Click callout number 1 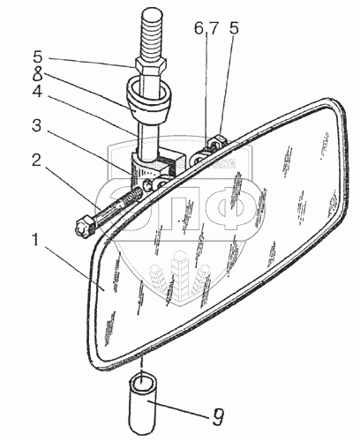(x=35, y=240)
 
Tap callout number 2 (x=36, y=160)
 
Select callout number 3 (x=37, y=125)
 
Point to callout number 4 (x=37, y=92)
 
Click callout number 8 (x=37, y=74)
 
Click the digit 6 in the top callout (x=199, y=28)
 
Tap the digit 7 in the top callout (x=214, y=28)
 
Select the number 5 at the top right (x=234, y=28)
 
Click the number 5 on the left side (x=37, y=57)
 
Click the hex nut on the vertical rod (x=151, y=67)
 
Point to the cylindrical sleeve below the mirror (x=142, y=408)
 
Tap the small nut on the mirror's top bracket (x=218, y=141)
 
